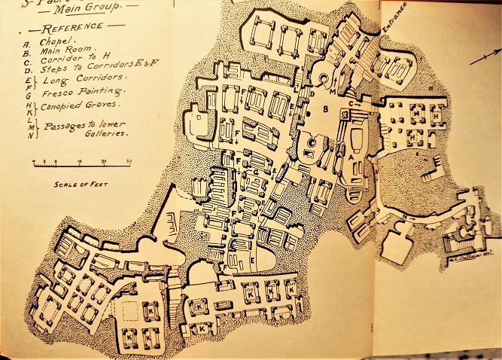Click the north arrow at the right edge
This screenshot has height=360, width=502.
[485, 56]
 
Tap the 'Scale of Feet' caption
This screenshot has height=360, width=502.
[71, 182]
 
